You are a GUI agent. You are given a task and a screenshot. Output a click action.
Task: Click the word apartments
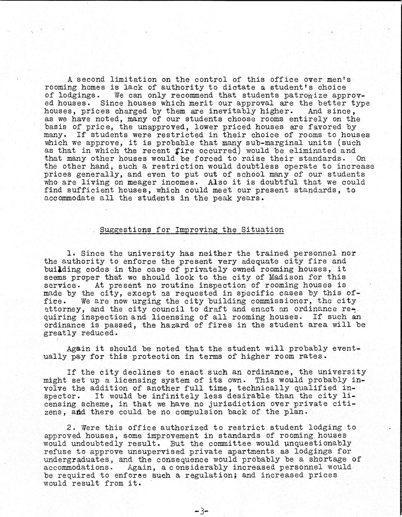[x=250, y=452]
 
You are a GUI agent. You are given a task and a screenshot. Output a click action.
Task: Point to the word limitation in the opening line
[x=133, y=79]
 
